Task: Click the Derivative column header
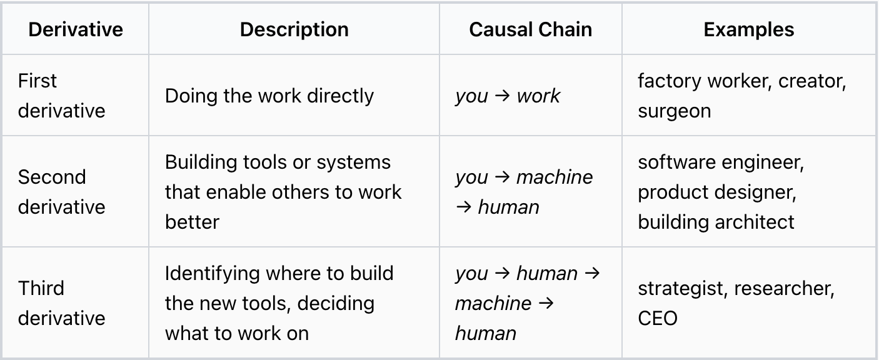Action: pos(76,30)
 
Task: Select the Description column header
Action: pos(294,30)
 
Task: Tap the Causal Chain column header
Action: pos(530,30)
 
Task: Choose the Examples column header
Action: pos(749,30)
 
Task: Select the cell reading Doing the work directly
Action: pos(269,96)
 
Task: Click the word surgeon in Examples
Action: pos(674,111)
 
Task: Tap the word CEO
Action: pos(658,318)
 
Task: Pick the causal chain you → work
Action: pos(508,96)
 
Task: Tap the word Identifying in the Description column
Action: pos(211,273)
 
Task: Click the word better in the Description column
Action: pos(192,222)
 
